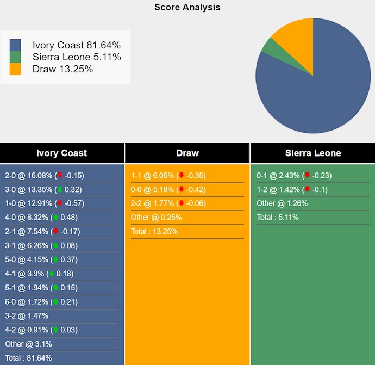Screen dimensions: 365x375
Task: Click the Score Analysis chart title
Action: pos(187,7)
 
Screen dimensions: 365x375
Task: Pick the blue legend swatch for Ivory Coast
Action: pos(15,45)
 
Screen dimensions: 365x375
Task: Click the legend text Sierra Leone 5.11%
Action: pos(77,57)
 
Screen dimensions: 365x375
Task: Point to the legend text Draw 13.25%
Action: pos(62,69)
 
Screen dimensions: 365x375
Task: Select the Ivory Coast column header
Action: pos(61,153)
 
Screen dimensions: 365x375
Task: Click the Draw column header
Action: pos(187,153)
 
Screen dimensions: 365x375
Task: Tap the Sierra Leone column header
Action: pos(313,153)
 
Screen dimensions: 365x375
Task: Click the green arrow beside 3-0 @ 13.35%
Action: pos(59,190)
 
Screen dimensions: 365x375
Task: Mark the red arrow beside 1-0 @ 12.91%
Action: pos(59,204)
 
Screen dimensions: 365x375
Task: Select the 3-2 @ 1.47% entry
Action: pos(27,316)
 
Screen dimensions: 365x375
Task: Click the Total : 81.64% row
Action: pos(28,358)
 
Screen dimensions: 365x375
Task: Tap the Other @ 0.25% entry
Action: pos(156,218)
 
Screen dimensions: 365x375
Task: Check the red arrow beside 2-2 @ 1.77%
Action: pos(182,204)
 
